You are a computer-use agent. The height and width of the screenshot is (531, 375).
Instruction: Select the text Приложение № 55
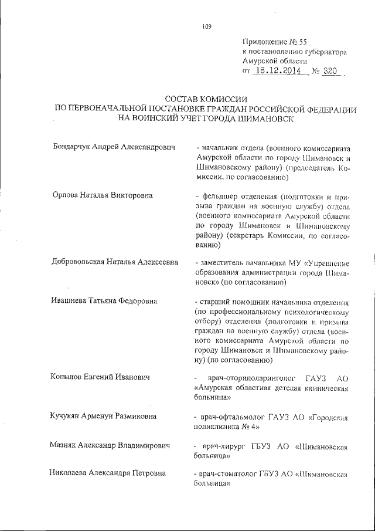tap(274, 42)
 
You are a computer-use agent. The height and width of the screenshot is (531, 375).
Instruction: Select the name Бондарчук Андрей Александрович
tap(115, 145)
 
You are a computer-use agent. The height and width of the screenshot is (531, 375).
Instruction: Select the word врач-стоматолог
tap(229, 475)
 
